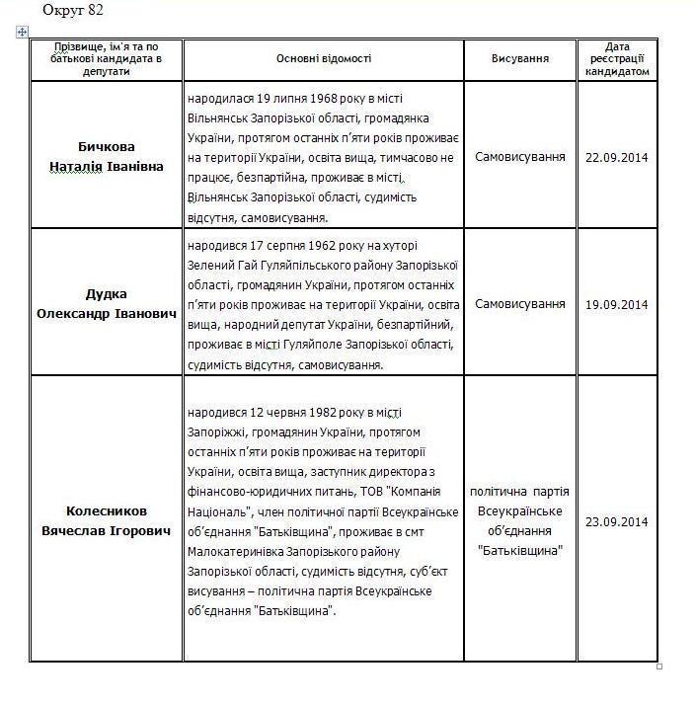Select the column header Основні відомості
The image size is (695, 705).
pyautogui.click(x=324, y=59)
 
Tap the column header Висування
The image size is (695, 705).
pyautogui.click(x=520, y=59)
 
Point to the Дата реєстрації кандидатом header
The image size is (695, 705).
pyautogui.click(x=617, y=59)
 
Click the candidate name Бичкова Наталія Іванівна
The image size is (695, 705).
pyautogui.click(x=107, y=156)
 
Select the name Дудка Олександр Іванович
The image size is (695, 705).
pyautogui.click(x=107, y=303)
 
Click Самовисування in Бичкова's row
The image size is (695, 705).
pyautogui.click(x=520, y=157)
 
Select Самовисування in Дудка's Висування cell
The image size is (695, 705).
pyautogui.click(x=520, y=304)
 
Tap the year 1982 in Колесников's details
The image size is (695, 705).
pyautogui.click(x=325, y=412)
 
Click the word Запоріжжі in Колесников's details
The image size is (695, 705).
pyautogui.click(x=217, y=431)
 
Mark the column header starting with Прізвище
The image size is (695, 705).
pyautogui.click(x=107, y=59)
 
